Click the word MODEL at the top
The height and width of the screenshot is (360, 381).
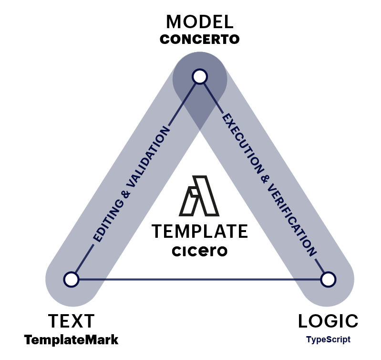(x=199, y=21)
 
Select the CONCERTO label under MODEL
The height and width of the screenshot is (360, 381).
(x=199, y=39)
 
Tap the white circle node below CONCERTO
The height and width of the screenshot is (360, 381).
(x=199, y=76)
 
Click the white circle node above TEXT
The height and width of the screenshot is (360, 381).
(x=71, y=279)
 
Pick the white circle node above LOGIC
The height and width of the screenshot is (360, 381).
(x=328, y=279)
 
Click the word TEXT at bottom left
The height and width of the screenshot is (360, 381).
(x=71, y=321)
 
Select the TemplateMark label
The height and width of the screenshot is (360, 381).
(x=71, y=340)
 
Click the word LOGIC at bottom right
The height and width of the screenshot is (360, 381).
(x=328, y=321)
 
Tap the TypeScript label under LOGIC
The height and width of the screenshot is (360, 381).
(x=328, y=340)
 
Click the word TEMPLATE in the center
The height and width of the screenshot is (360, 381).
(x=199, y=232)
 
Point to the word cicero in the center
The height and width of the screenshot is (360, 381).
(x=199, y=251)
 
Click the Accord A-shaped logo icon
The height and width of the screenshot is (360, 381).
(x=199, y=195)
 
